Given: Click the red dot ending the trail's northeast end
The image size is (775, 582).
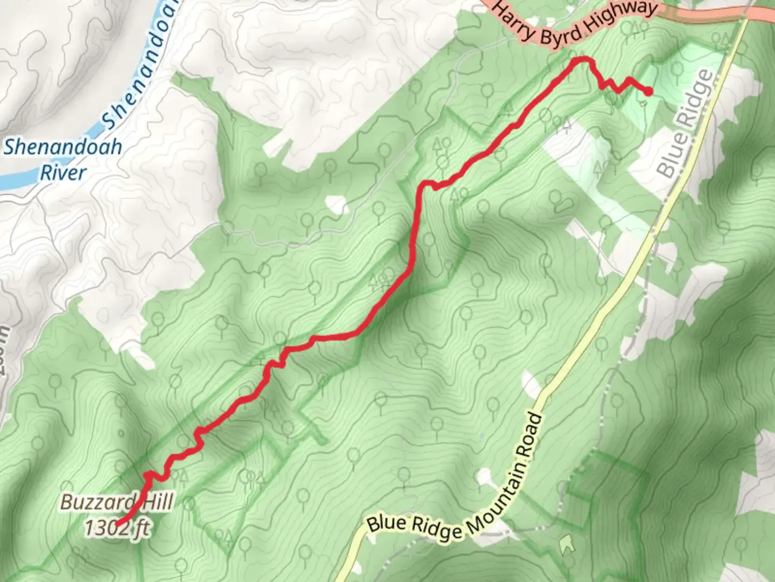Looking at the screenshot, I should pyautogui.click(x=649, y=92).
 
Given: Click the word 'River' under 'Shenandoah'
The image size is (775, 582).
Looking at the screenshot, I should pyautogui.click(x=63, y=173).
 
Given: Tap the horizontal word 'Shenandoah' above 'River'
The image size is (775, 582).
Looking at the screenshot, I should pyautogui.click(x=63, y=147).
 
